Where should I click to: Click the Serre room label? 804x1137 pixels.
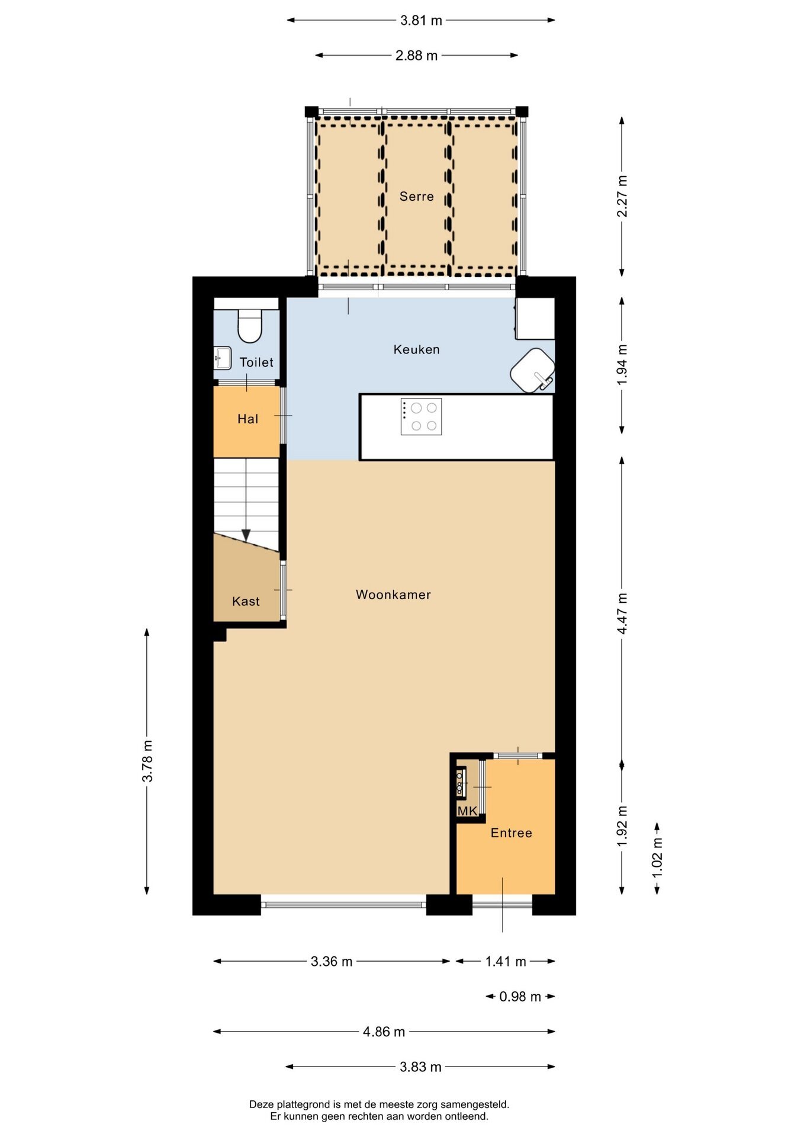pos(416,197)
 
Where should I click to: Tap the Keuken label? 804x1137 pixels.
pos(416,350)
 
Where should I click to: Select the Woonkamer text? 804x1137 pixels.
pos(393,595)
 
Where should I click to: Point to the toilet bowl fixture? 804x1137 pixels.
pos(250,326)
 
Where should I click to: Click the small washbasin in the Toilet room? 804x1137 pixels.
pos(223,358)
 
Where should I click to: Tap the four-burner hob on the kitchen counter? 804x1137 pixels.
pos(421,416)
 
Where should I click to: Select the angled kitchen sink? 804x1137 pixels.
pos(533,370)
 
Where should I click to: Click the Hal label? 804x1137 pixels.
pos(247,419)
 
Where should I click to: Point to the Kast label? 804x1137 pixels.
pos(246,602)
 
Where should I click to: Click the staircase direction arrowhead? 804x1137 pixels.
pos(246,535)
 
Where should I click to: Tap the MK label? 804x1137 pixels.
pos(467,811)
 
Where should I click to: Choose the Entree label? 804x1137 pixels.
pos(512,833)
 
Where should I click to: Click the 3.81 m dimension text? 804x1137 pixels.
pos(421,21)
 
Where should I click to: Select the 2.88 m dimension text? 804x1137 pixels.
pos(416,56)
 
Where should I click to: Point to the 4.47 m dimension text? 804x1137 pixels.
pos(622,613)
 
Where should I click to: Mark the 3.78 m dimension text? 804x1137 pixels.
pos(147,761)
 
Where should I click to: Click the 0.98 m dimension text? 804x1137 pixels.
pos(520,997)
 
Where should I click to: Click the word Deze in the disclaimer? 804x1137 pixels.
pos(261,1104)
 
